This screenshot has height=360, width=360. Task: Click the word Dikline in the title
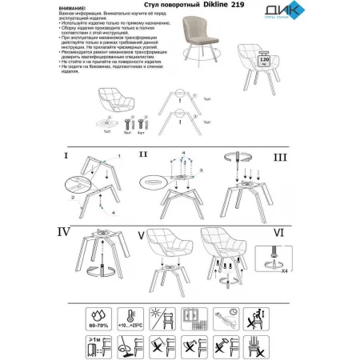point(202,6)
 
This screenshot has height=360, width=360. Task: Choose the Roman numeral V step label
point(141,236)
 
